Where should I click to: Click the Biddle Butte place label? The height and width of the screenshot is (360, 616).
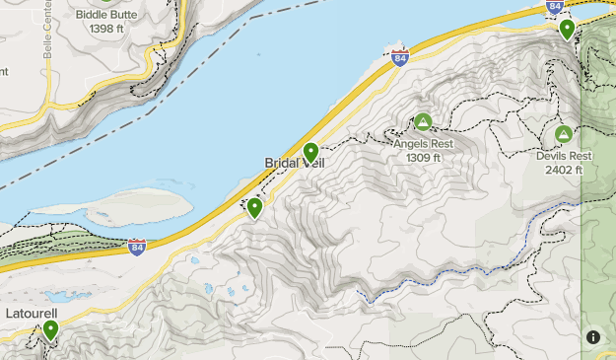tap(106, 16)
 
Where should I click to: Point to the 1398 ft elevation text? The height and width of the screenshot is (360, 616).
tap(106, 30)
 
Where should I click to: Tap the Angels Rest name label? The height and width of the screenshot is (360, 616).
tap(423, 143)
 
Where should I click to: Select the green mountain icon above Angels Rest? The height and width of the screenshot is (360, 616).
tap(423, 122)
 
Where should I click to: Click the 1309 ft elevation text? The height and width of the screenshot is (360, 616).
tap(423, 157)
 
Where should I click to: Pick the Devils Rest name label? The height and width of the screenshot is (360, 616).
tap(564, 156)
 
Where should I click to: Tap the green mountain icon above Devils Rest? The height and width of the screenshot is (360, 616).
tap(564, 134)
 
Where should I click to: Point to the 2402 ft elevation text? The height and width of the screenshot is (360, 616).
tap(564, 170)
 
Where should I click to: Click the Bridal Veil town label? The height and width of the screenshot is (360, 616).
tap(293, 163)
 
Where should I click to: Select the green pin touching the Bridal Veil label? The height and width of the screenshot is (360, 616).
tap(310, 152)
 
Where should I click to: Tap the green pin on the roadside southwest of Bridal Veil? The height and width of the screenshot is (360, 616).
tap(254, 207)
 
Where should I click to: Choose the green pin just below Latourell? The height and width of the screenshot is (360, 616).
tap(50, 329)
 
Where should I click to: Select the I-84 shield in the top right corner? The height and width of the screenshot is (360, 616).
tap(556, 8)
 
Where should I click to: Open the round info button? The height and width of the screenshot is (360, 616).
tap(593, 336)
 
